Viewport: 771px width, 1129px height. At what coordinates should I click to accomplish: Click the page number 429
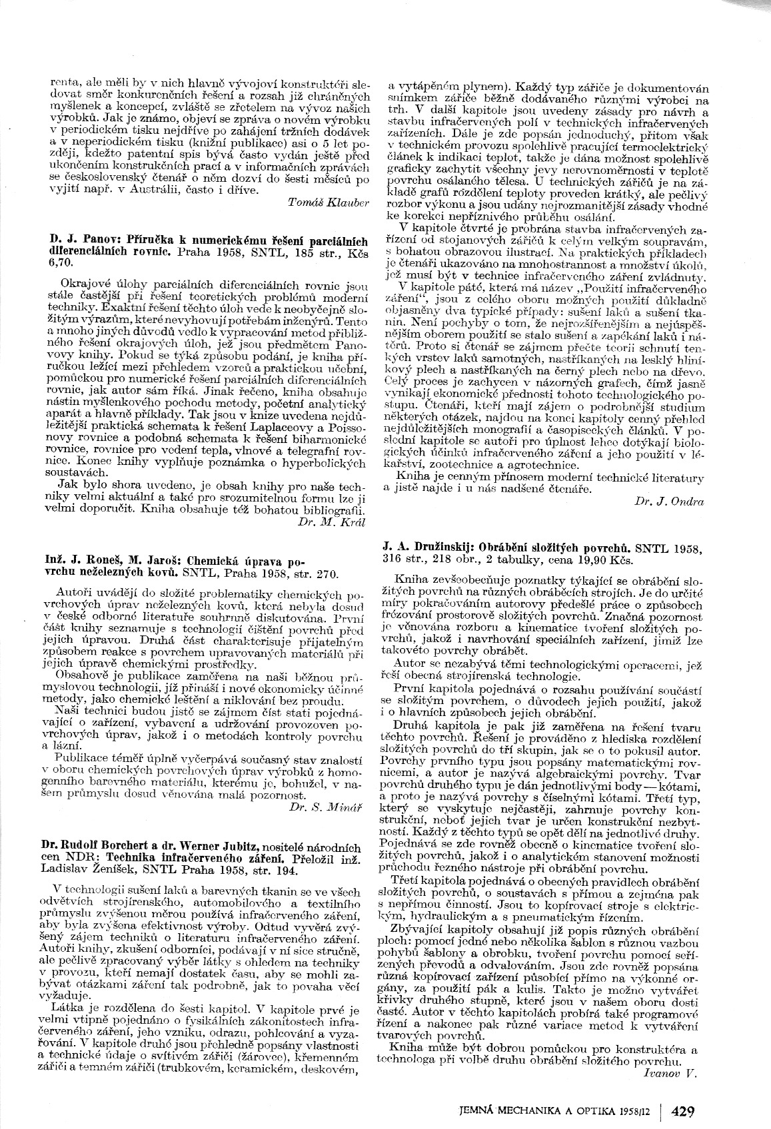point(684,1111)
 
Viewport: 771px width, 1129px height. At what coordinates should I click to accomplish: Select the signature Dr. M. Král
point(334,522)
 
